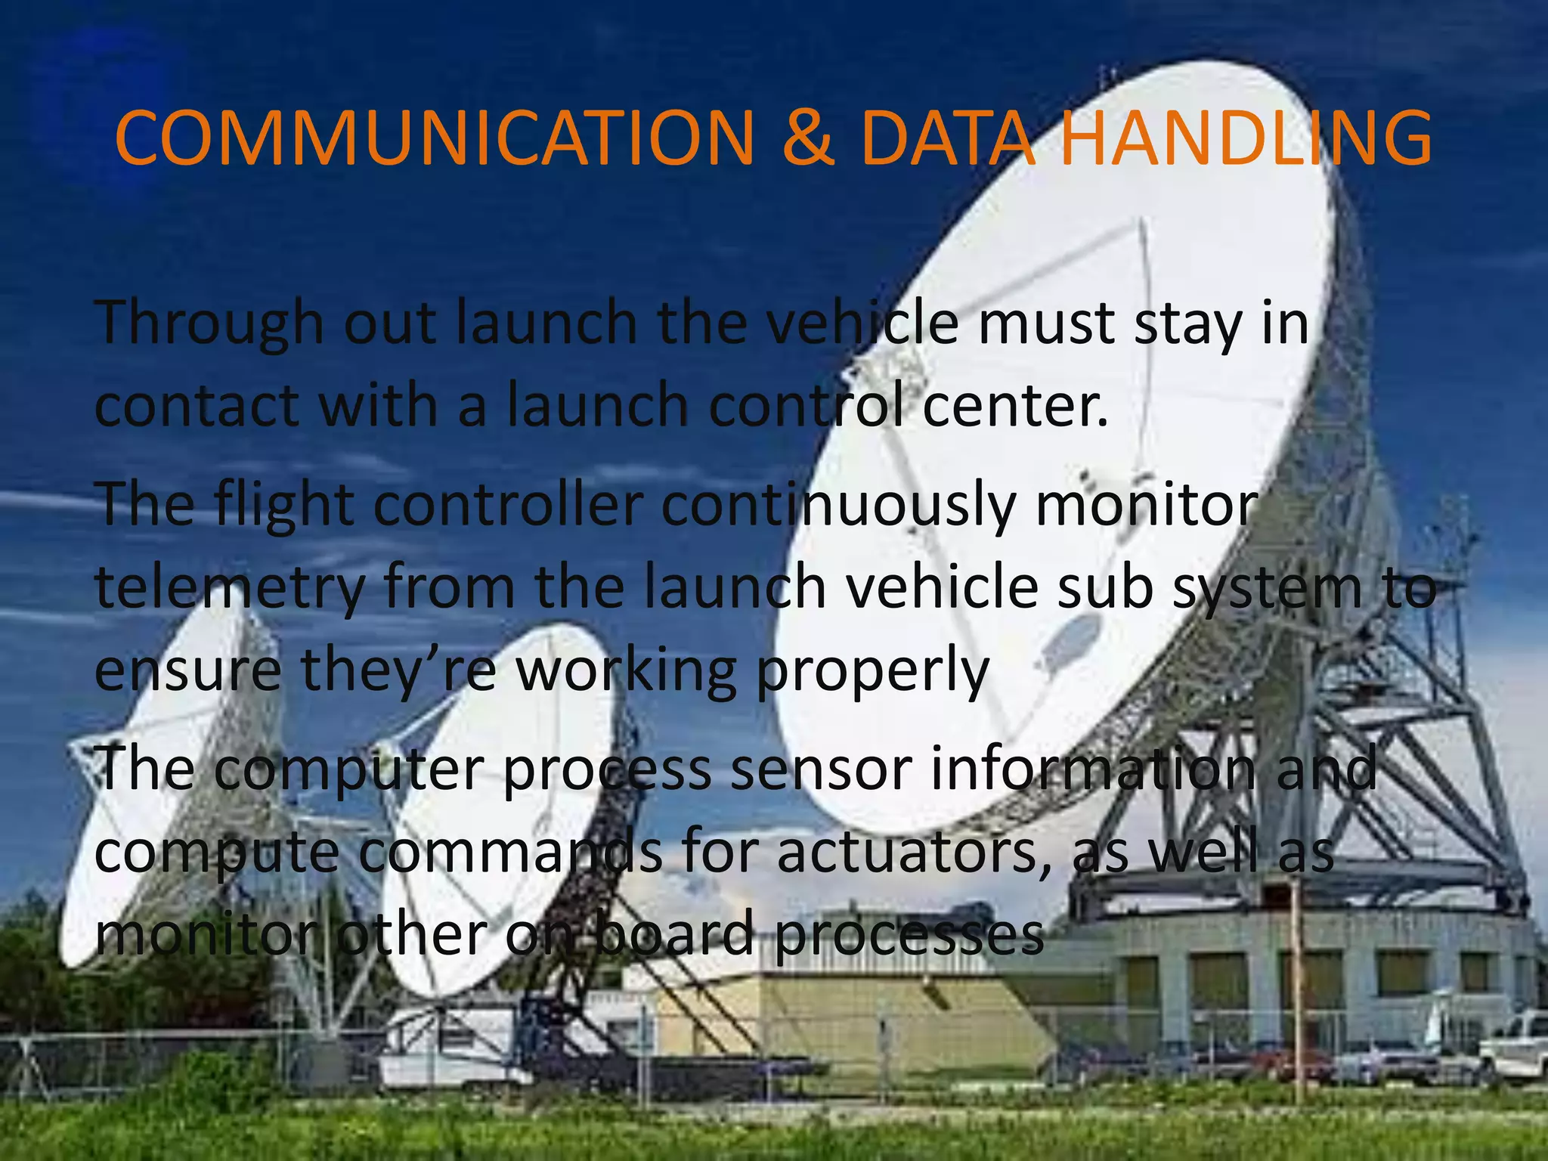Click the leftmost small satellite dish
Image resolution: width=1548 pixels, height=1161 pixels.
[159, 779]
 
